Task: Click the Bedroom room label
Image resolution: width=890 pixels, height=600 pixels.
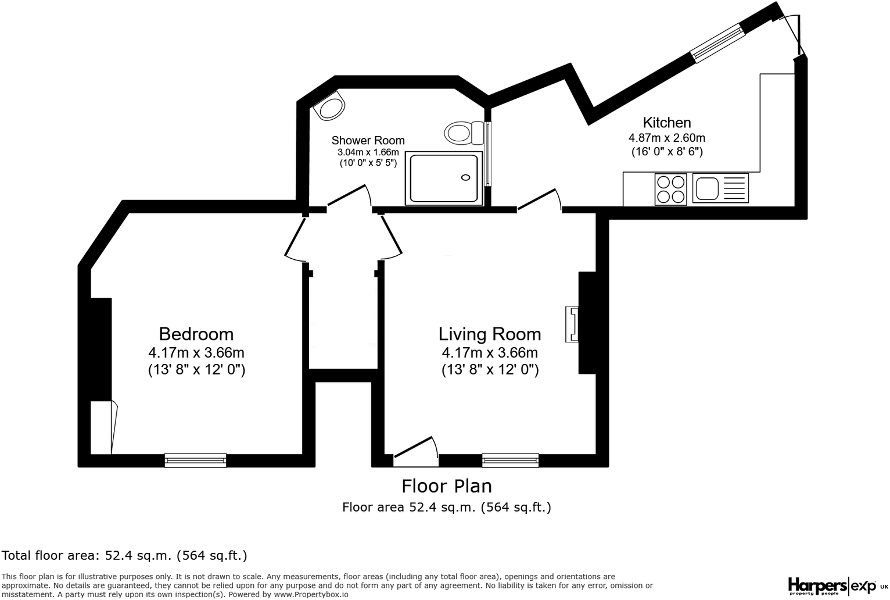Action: click(x=196, y=334)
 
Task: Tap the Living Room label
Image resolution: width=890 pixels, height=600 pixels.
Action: click(x=490, y=334)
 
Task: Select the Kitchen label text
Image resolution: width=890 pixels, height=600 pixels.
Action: click(x=667, y=123)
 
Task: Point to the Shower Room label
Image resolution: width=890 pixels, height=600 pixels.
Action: click(x=368, y=141)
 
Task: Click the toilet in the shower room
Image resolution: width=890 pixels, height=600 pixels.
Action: click(x=462, y=133)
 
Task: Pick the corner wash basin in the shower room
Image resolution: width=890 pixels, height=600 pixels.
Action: click(x=330, y=108)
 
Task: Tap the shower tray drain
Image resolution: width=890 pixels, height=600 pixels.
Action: click(x=465, y=177)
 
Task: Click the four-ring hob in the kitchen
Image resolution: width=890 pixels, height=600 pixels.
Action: click(x=670, y=189)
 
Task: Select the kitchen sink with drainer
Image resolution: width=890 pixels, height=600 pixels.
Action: click(x=720, y=188)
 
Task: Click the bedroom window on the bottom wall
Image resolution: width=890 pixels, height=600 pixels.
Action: click(x=195, y=460)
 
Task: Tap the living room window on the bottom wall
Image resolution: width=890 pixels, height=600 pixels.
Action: click(x=511, y=460)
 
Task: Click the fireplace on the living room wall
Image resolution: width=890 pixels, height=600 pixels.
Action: click(x=572, y=324)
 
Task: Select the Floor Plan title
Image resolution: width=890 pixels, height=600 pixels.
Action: click(x=447, y=486)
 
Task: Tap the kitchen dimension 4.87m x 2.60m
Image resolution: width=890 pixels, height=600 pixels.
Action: click(x=667, y=138)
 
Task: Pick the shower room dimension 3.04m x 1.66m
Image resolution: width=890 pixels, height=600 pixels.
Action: click(x=368, y=152)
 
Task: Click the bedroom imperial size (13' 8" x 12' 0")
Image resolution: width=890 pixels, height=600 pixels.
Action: click(x=196, y=370)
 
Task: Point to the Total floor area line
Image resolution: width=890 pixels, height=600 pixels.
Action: click(x=125, y=555)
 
